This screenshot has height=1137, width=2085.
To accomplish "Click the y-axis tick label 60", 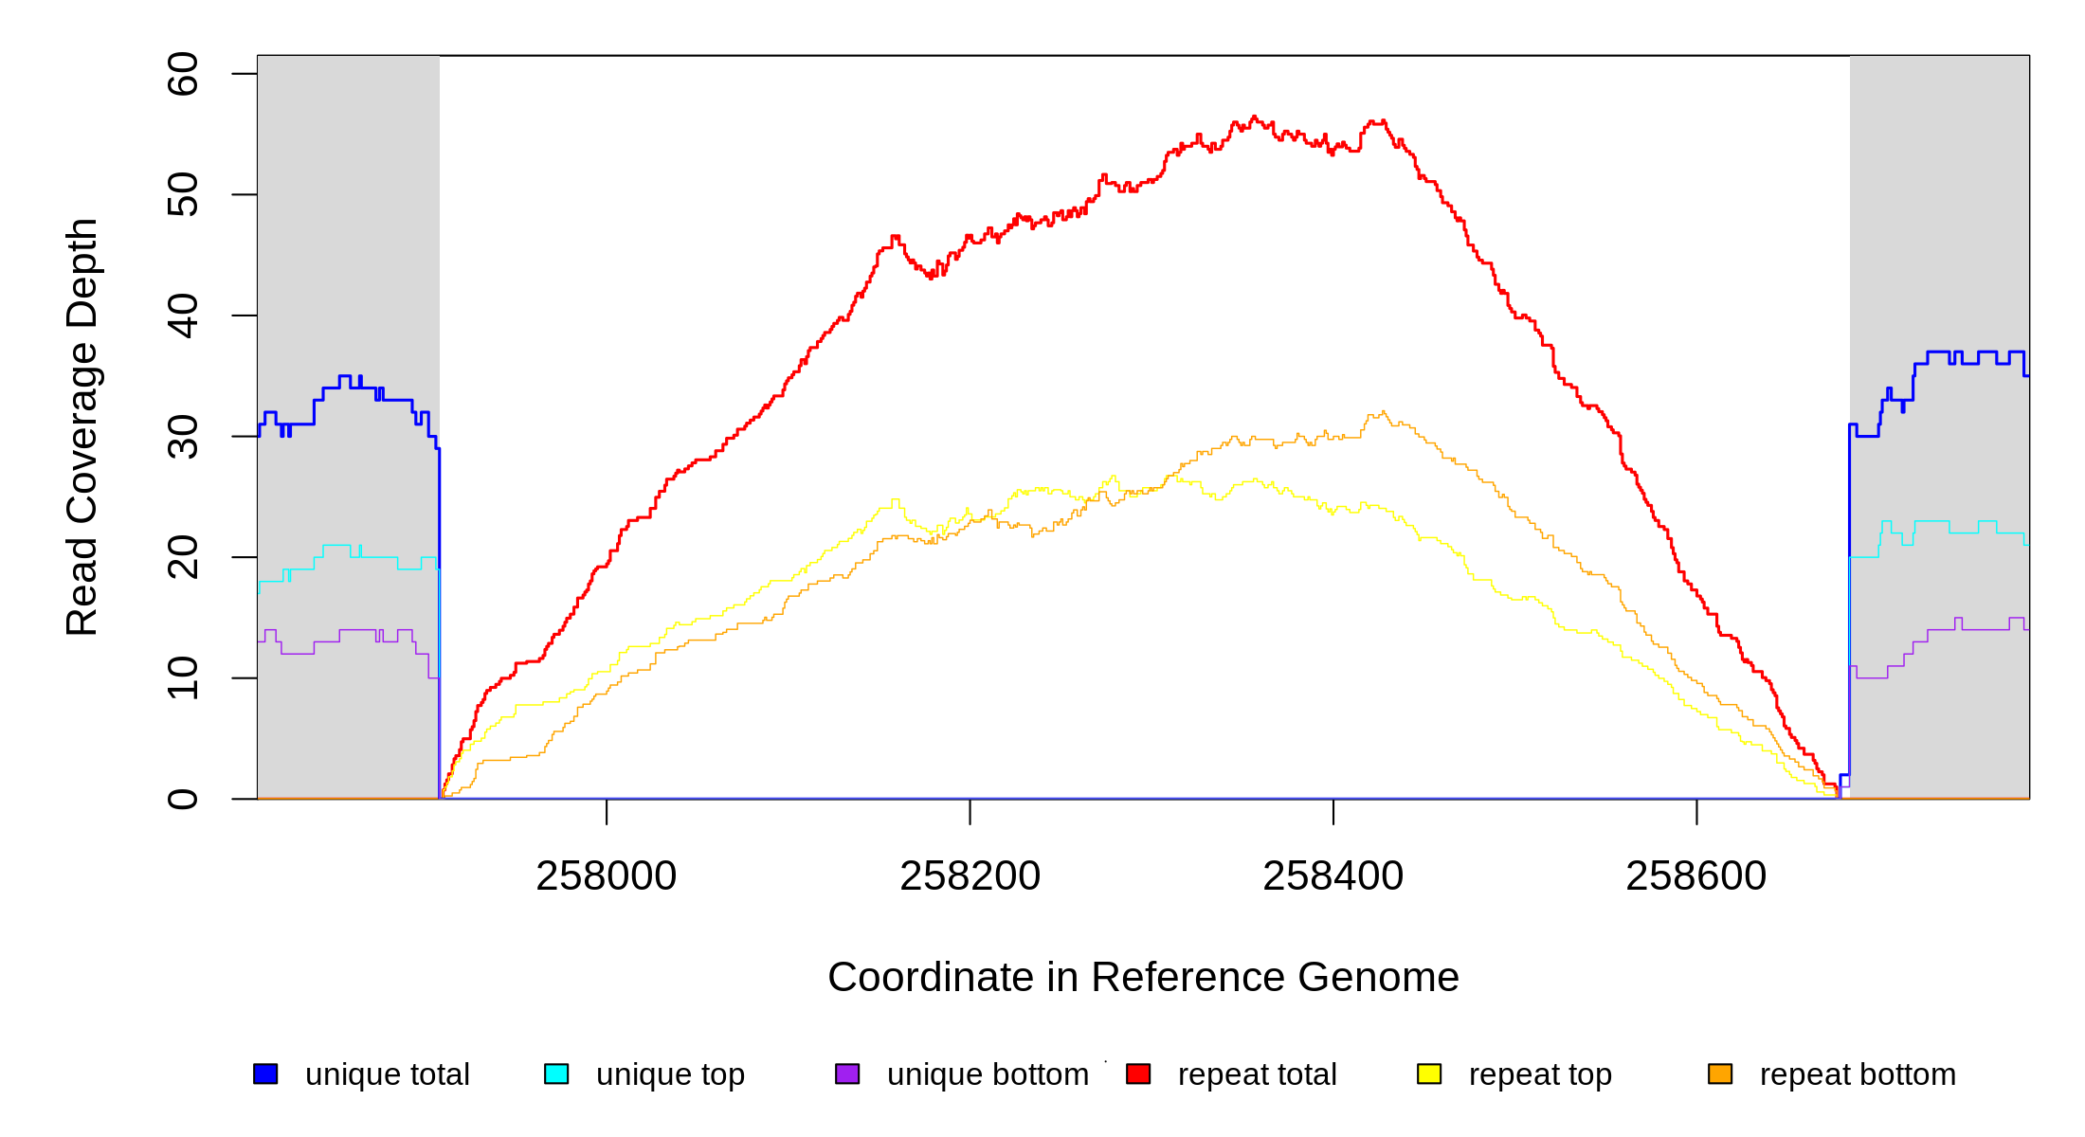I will coord(182,74).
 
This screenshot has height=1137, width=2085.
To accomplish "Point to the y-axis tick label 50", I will coord(182,195).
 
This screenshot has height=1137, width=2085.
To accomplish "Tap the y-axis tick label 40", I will coord(182,316).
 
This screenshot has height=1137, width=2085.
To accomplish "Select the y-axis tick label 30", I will coord(182,437).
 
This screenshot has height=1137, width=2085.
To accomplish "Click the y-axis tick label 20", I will coord(182,557).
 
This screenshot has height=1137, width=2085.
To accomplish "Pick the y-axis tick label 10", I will coord(182,678).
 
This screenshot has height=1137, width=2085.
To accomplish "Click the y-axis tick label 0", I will coord(182,799).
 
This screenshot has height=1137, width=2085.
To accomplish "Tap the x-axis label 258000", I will coord(607,876).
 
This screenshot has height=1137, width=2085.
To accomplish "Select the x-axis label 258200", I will coord(970,876).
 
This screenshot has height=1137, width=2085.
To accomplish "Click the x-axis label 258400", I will coord(1333,876).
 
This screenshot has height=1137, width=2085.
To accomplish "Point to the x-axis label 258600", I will coord(1695,876).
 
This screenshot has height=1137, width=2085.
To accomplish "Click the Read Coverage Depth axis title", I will coord(82,426).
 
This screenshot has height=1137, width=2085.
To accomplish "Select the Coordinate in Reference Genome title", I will coord(1143,978).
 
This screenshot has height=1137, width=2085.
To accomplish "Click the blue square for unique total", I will coord(265,1074).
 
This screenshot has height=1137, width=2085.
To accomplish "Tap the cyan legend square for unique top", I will coord(556,1074).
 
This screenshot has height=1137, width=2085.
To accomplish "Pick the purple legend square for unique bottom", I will coord(847,1074).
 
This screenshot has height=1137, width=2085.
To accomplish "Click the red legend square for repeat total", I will coord(1138,1074).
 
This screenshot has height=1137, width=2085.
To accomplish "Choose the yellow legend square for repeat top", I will coord(1429,1074).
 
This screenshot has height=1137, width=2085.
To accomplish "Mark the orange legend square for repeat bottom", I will coord(1720,1074).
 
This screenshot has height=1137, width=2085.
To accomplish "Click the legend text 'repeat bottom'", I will coord(1858,1074).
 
